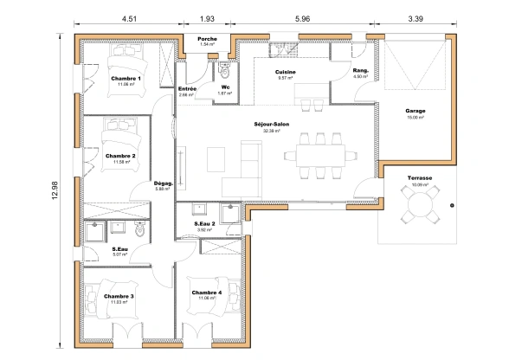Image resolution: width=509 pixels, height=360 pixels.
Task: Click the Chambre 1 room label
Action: [126, 79]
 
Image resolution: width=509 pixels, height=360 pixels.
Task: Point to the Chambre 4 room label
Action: [207, 292]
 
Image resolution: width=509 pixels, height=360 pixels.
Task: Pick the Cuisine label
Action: [286, 72]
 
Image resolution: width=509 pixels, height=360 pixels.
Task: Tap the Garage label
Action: [416, 111]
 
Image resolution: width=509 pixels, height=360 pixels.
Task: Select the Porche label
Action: [207, 39]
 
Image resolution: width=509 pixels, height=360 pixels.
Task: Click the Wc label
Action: [224, 87]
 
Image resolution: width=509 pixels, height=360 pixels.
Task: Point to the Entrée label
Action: [187, 89]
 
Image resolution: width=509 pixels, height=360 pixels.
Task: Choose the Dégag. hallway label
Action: [164, 183]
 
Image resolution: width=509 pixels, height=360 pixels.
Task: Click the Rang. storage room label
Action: [362, 71]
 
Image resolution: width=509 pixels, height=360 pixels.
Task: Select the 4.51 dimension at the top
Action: [127, 17]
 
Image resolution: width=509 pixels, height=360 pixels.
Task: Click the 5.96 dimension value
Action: [302, 17]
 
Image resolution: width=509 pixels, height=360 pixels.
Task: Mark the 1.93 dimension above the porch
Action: [207, 17]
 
